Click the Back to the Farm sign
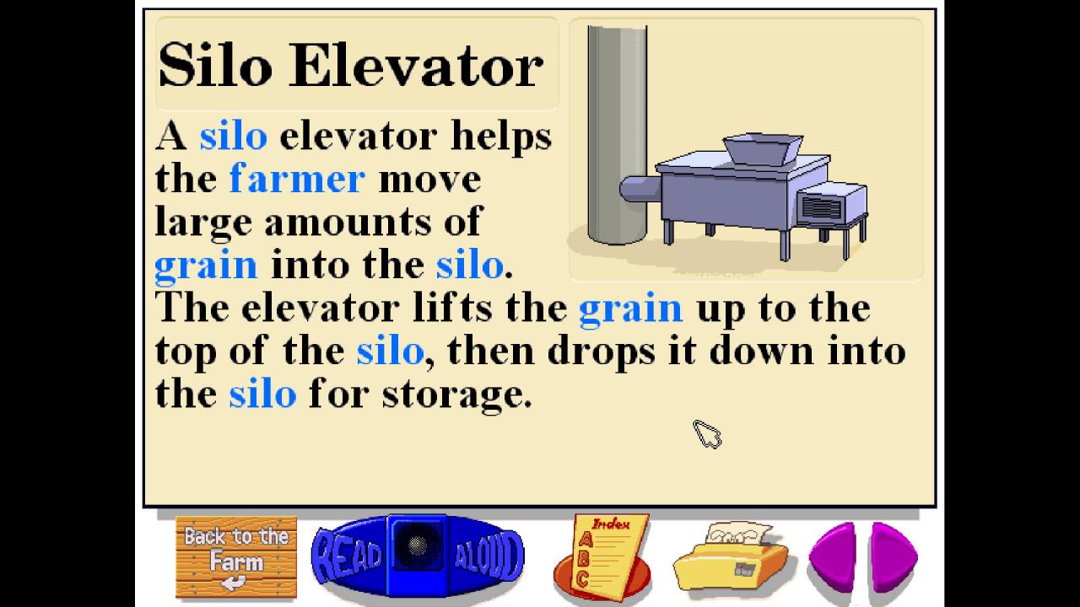(x=235, y=556)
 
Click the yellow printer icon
(x=730, y=556)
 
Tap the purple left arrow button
(x=834, y=556)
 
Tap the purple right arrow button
(x=894, y=556)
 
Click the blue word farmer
(x=297, y=179)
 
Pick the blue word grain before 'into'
(x=206, y=266)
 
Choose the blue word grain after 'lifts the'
(x=630, y=309)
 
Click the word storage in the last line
(x=456, y=395)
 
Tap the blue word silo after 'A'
(x=233, y=137)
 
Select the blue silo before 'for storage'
(x=262, y=395)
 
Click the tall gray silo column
(x=617, y=135)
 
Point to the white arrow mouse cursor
(x=706, y=433)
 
